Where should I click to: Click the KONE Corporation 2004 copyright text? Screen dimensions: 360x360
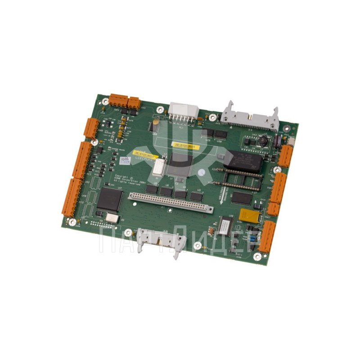pos(130,178)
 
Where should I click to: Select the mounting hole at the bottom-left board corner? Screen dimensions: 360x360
pos(72,221)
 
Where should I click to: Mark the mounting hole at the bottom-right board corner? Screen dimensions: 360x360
pos(257,257)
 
